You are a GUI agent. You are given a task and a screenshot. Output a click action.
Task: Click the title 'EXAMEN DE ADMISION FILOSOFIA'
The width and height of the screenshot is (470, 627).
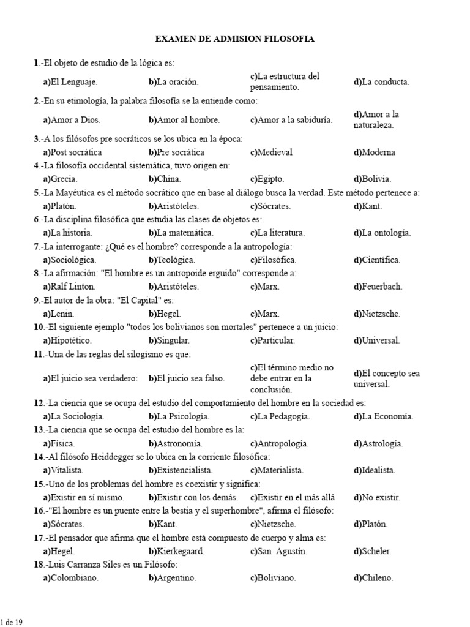(234, 39)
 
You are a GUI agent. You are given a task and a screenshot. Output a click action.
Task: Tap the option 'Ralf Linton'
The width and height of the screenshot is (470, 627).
(69, 287)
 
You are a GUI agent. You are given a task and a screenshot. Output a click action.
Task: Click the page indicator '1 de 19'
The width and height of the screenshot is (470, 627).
(12, 622)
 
